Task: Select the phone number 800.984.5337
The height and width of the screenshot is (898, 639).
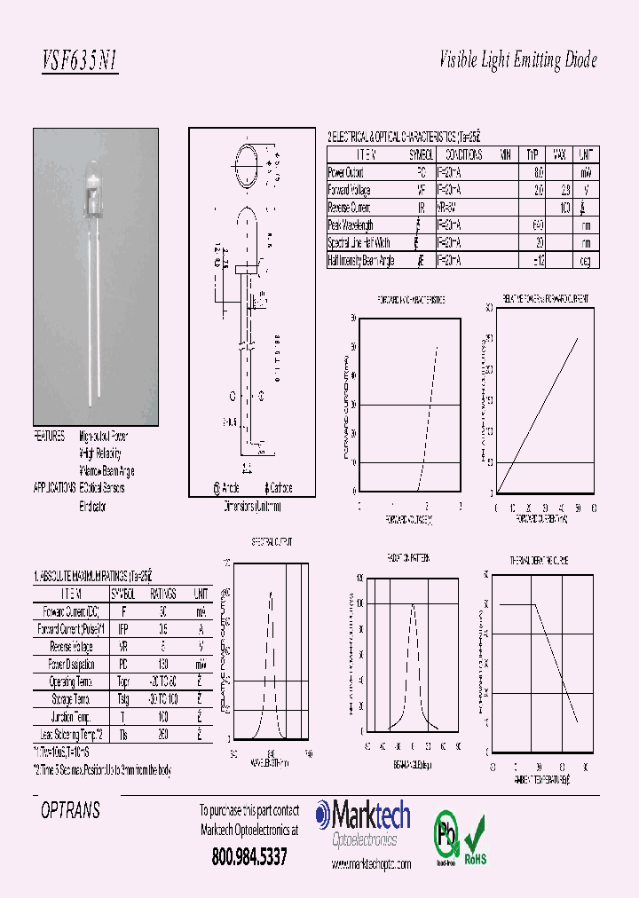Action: [249, 858]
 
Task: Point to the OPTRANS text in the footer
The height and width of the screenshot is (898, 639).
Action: [71, 811]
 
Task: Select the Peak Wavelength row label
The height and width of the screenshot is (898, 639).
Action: [351, 225]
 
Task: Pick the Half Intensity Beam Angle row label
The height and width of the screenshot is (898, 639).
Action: [361, 261]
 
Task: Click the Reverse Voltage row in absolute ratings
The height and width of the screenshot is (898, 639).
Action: [71, 647]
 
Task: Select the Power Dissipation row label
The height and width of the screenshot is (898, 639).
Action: [71, 665]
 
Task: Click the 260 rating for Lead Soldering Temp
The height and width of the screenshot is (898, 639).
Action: [162, 736]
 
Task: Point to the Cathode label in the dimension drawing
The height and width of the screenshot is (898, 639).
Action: [279, 488]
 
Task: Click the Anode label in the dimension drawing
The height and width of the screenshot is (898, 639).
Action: [227, 488]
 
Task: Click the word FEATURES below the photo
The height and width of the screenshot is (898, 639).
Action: [50, 437]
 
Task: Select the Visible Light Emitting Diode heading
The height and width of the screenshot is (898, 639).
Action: [518, 60]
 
